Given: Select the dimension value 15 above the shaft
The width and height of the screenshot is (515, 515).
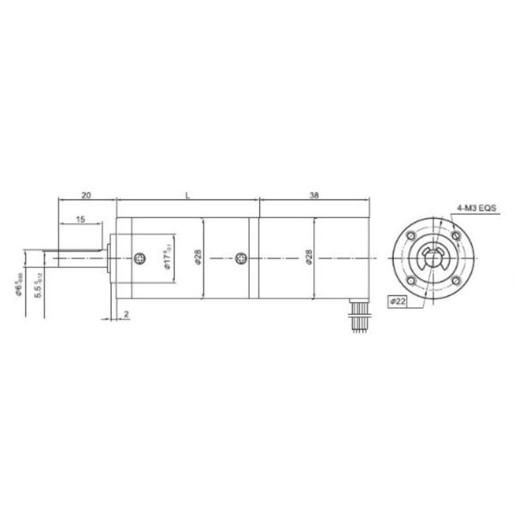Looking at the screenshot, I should click(80, 221).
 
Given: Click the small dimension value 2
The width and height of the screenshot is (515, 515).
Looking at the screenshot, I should click(126, 315).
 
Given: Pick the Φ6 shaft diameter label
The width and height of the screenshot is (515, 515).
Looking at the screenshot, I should click(19, 282).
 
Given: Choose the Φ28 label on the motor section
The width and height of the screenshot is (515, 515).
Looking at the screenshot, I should click(306, 257).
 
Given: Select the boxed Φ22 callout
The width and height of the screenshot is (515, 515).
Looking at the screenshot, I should click(399, 300).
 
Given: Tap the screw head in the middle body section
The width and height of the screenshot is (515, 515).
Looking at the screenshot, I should click(241, 257).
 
